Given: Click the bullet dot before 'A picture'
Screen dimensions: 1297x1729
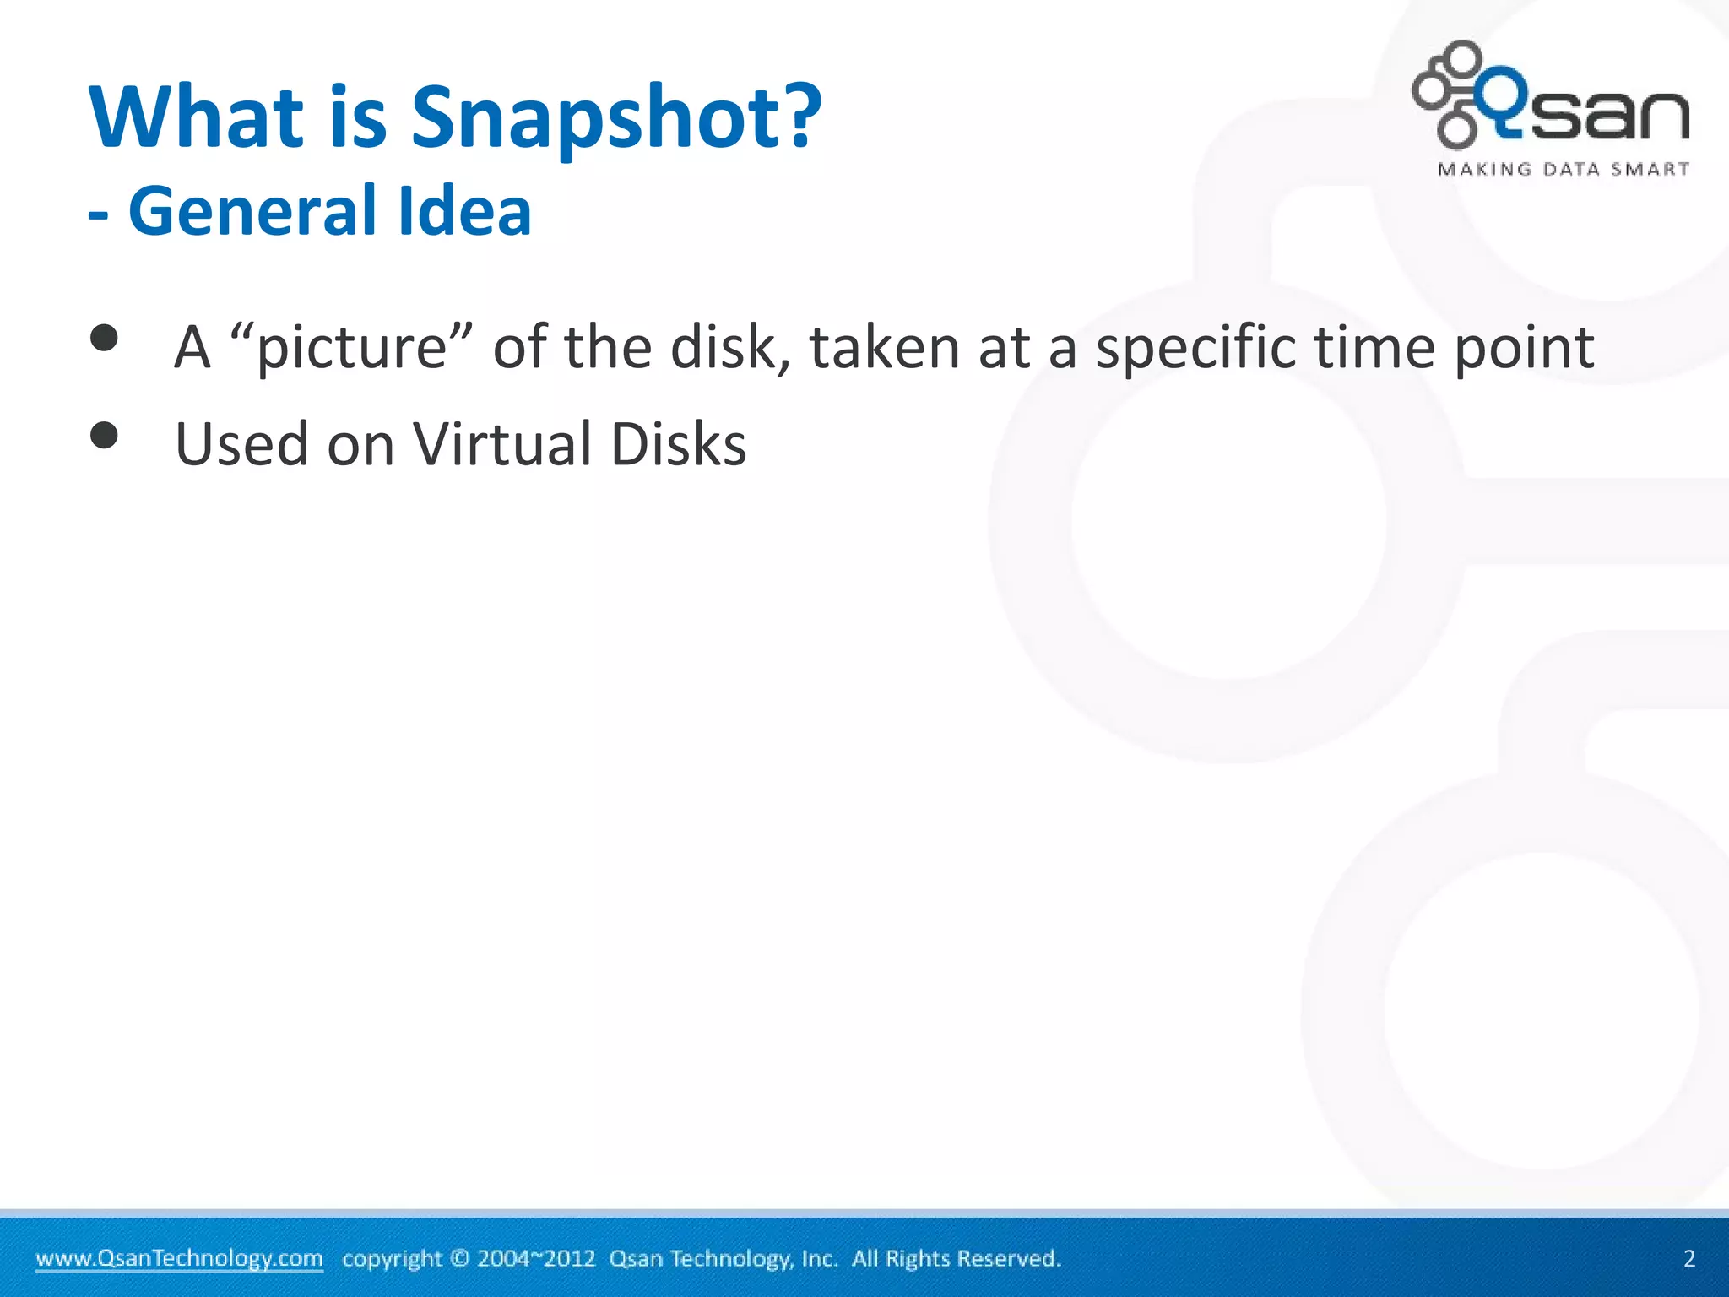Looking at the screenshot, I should coord(105,339).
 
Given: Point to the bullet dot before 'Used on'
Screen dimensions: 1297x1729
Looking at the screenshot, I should coord(105,436).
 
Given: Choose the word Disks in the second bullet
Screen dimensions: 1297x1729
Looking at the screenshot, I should coord(678,444).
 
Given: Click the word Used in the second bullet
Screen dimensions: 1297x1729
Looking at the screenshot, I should coord(241,444).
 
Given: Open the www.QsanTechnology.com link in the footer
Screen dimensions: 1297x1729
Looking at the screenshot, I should coord(179,1258).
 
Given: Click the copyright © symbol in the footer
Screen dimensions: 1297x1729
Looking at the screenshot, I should coord(459,1258).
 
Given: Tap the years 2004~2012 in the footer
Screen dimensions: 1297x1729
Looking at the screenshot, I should coord(536,1258).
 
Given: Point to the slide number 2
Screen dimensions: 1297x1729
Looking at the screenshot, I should coord(1689,1258).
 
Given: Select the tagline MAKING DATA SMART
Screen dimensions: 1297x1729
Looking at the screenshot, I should coord(1564,170).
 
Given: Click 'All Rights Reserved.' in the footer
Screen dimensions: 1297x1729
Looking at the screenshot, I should coord(956,1258).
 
